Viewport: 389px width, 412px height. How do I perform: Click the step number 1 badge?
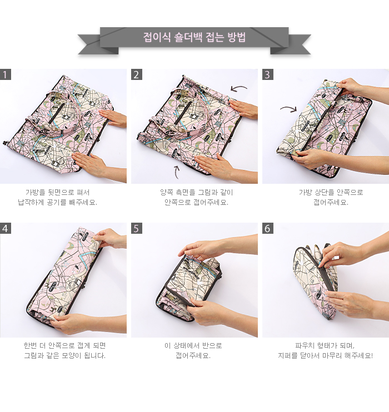tap(5, 74)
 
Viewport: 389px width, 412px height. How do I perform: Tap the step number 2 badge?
tap(137, 74)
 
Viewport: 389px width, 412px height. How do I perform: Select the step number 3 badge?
tap(267, 74)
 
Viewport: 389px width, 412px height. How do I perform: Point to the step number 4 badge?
tap(5, 228)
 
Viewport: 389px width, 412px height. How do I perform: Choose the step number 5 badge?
tap(137, 228)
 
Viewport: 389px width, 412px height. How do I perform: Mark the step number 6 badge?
tap(267, 228)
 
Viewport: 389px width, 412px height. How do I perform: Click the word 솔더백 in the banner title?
tap(188, 37)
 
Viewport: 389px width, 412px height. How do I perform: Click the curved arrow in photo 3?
tap(289, 108)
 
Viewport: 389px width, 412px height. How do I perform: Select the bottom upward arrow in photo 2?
tap(176, 172)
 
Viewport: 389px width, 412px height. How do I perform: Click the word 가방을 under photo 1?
tap(35, 193)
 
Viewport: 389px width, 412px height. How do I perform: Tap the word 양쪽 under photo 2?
tap(167, 193)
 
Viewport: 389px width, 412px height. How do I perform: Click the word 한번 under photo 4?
tap(30, 345)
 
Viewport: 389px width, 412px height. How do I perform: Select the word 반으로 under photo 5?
tap(212, 345)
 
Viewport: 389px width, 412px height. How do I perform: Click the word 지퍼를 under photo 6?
tap(287, 356)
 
